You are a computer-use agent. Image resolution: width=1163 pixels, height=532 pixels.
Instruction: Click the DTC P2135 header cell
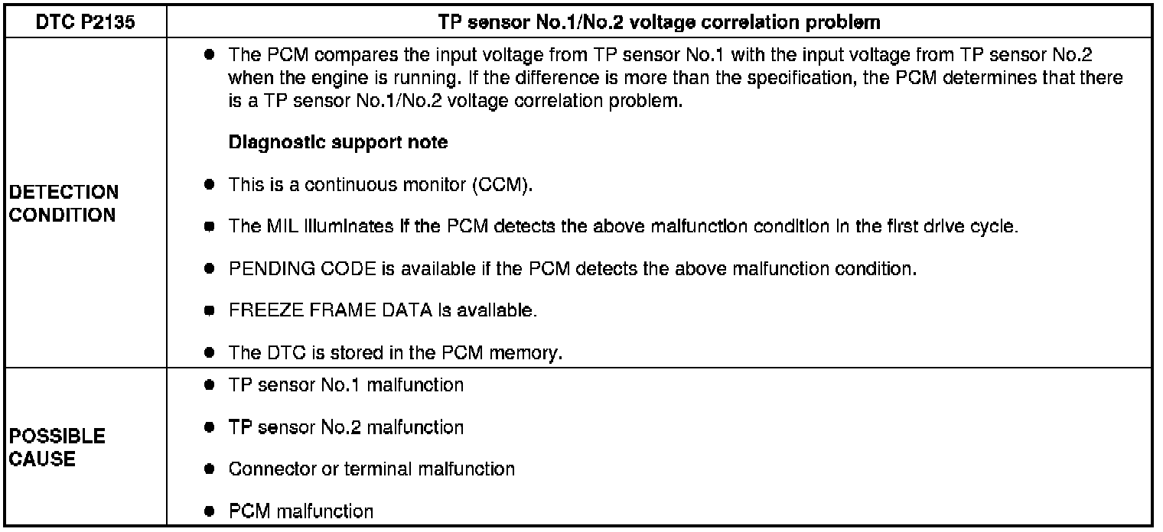[86, 23]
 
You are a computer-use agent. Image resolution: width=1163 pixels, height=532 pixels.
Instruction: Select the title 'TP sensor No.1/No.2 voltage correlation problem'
[660, 23]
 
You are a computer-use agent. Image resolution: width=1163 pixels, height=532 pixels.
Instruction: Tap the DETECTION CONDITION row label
[64, 203]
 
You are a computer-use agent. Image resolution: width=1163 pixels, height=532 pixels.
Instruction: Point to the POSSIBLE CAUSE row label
[57, 448]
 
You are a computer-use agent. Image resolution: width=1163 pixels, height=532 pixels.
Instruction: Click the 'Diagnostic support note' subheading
[338, 142]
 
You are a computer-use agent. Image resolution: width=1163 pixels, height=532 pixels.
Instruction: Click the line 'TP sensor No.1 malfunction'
[346, 384]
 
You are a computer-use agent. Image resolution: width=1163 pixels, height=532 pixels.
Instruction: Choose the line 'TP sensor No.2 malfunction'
[346, 427]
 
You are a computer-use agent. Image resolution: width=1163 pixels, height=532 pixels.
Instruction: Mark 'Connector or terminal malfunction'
[371, 469]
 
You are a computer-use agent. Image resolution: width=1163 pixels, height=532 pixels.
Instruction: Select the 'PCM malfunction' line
[301, 511]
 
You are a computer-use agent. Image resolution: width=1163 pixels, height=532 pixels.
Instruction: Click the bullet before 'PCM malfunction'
[209, 511]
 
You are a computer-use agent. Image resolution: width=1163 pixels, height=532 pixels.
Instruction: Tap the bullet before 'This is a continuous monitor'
[209, 185]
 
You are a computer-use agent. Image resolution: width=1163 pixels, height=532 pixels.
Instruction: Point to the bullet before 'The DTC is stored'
[209, 353]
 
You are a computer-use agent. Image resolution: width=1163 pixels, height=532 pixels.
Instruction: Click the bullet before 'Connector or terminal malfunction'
[209, 469]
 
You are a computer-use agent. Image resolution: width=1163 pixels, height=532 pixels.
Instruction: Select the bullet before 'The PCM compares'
[209, 57]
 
